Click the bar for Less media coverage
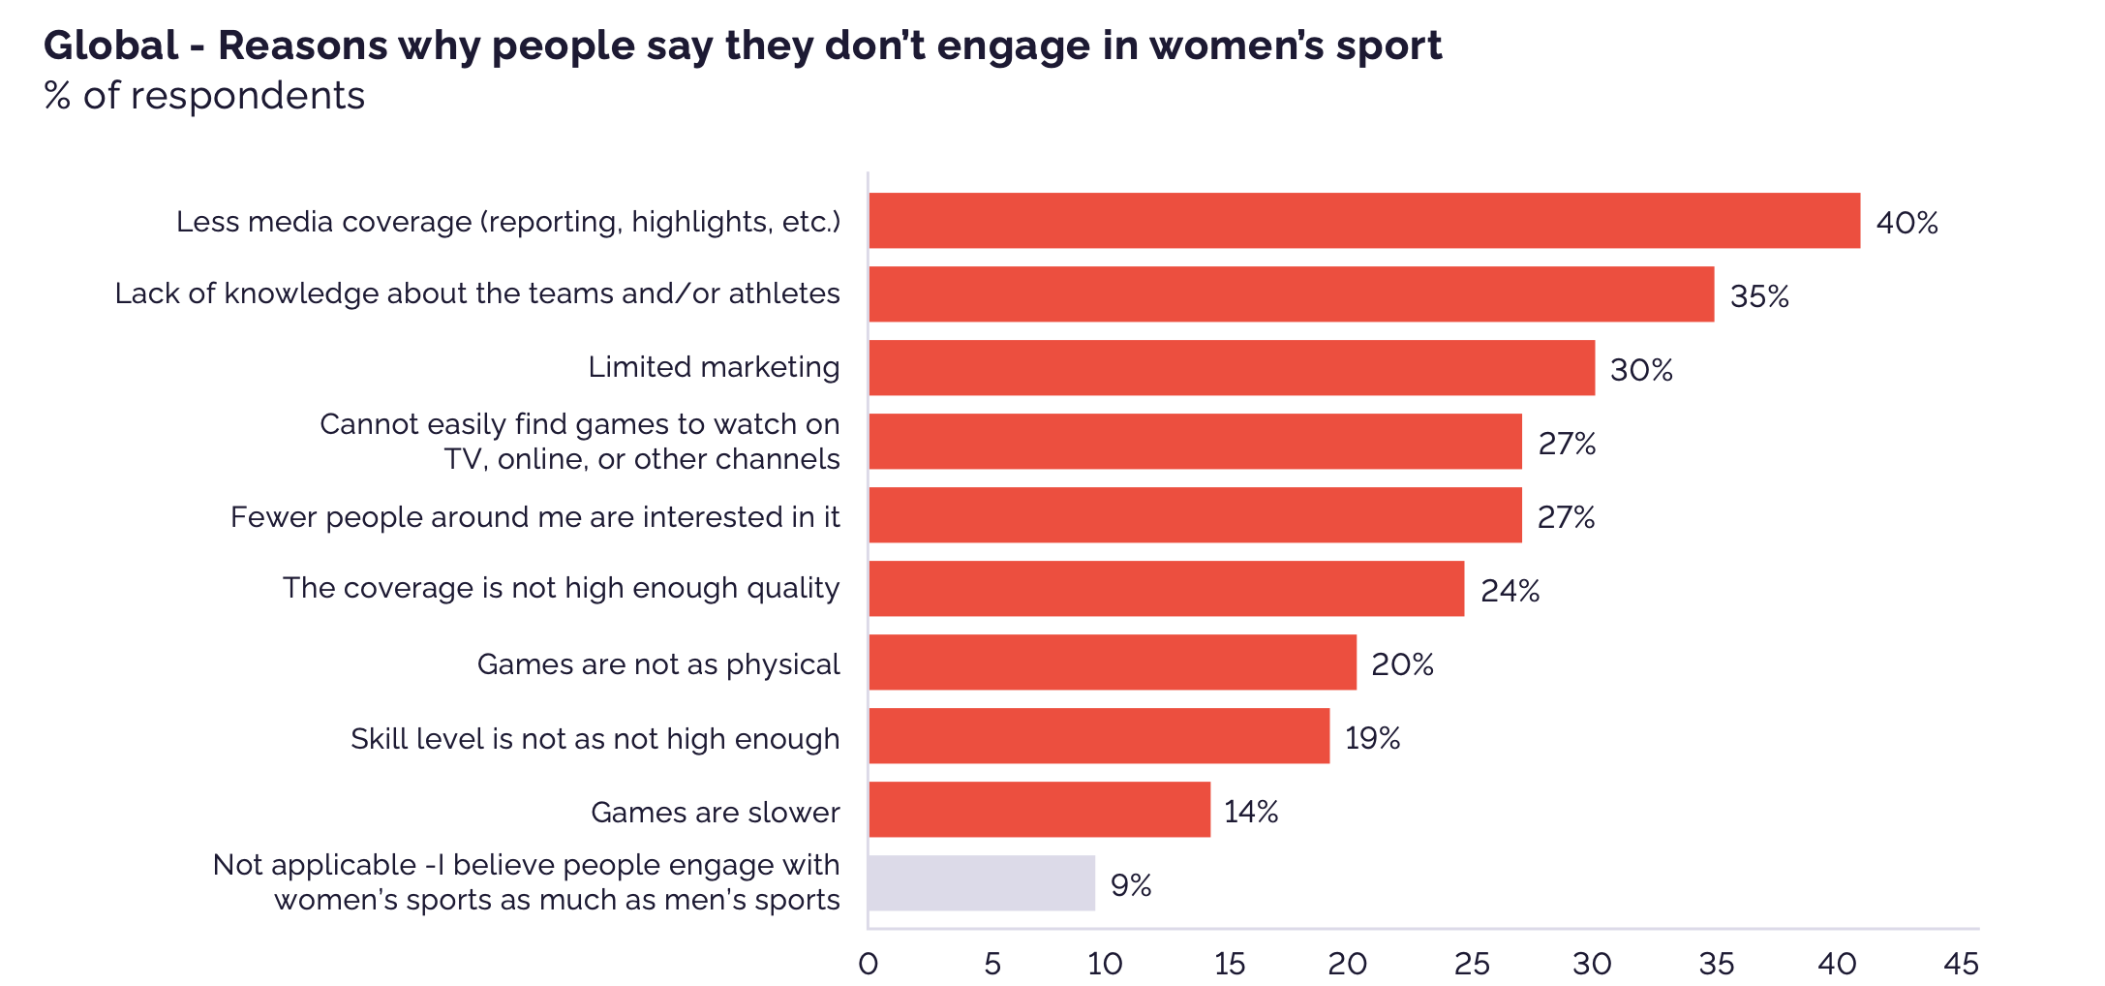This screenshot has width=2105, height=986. pyautogui.click(x=1363, y=221)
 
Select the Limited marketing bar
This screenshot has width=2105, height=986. pyautogui.click(x=1231, y=368)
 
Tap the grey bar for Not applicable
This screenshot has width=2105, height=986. pyautogui.click(x=981, y=883)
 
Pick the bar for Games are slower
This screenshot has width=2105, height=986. pyautogui.click(x=1039, y=810)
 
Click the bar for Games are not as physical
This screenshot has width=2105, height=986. pyautogui.click(x=1112, y=662)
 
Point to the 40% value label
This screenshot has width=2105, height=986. pyautogui.click(x=1907, y=223)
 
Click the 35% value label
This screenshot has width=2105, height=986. pyautogui.click(x=1759, y=295)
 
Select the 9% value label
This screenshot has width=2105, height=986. pyautogui.click(x=1130, y=885)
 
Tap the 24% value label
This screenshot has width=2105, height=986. pyautogui.click(x=1510, y=591)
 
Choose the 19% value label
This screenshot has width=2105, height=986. pyautogui.click(x=1372, y=738)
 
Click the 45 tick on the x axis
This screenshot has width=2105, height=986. pyautogui.click(x=1962, y=964)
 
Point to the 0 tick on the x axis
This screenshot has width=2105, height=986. pyautogui.click(x=868, y=964)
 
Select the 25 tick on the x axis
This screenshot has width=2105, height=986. pyautogui.click(x=1472, y=964)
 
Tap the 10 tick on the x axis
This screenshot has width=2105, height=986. pyautogui.click(x=1105, y=964)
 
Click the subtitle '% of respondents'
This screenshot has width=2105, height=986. pyautogui.click(x=204, y=96)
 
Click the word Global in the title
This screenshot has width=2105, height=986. pyautogui.click(x=111, y=46)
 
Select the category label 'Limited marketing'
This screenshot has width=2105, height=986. pyautogui.click(x=714, y=367)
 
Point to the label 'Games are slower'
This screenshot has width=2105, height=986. pyautogui.click(x=715, y=812)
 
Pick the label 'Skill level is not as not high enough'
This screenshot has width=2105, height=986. pyautogui.click(x=595, y=739)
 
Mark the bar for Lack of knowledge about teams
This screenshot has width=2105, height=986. pyautogui.click(x=1291, y=294)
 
